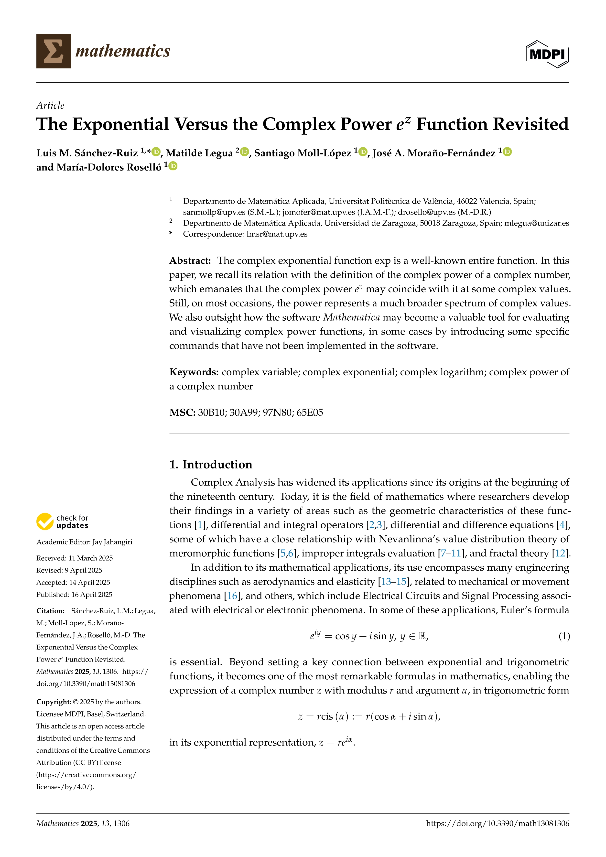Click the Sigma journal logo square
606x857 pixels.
pyautogui.click(x=53, y=51)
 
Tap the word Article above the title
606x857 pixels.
pyautogui.click(x=50, y=105)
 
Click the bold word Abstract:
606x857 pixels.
pyautogui.click(x=190, y=260)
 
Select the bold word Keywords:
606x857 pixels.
pyautogui.click(x=194, y=372)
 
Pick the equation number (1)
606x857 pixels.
pyautogui.click(x=564, y=636)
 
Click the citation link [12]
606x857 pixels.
pyautogui.click(x=561, y=553)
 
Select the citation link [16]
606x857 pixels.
pyautogui.click(x=232, y=596)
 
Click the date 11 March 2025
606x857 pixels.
pyautogui.click(x=90, y=558)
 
